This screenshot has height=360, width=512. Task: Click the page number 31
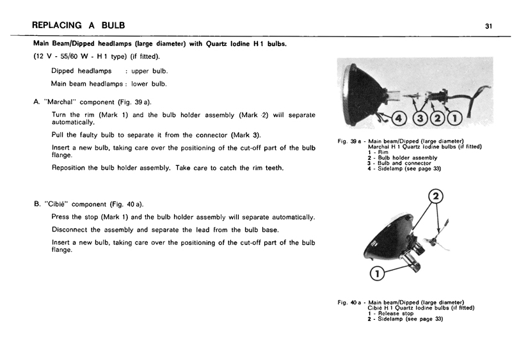pos(488,26)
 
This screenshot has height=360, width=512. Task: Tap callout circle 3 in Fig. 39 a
pos(420,118)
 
